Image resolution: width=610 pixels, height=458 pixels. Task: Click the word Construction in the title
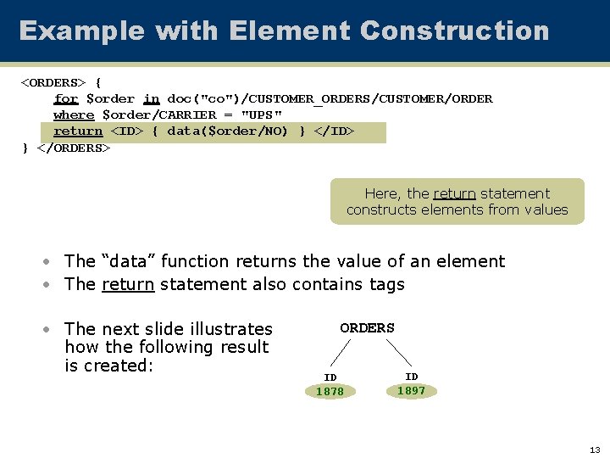454,31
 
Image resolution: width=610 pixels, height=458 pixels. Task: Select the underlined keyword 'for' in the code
66,98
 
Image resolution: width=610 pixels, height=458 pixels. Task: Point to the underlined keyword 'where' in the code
74,114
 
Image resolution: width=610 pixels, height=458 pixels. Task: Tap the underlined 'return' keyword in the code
78,131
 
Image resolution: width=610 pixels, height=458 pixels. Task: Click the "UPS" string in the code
262,114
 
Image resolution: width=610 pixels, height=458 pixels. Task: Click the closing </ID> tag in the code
334,131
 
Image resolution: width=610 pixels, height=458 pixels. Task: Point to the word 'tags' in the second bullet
386,284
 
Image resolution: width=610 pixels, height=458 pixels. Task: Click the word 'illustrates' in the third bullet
230,329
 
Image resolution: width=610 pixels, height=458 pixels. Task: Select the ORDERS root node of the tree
367,328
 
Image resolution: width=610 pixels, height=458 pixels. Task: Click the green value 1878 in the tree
330,392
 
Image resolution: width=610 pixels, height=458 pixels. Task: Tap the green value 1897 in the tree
411,390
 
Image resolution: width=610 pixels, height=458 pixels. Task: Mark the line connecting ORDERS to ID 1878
340,352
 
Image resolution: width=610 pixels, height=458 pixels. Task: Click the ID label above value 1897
411,376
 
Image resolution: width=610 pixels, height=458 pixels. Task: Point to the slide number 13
594,450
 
